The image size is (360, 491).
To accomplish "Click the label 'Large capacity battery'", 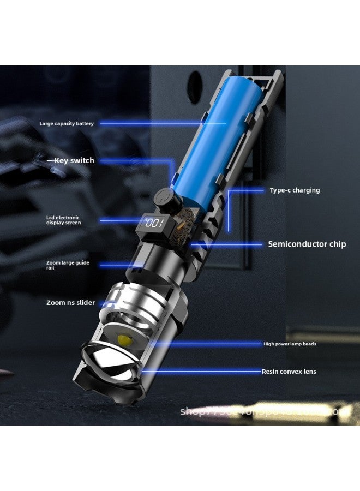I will pyautogui.click(x=67, y=124).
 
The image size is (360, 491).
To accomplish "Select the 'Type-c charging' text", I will pyautogui.click(x=295, y=190).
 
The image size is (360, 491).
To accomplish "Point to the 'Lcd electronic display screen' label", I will pyautogui.click(x=63, y=220).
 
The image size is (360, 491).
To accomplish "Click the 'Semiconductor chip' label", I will pyautogui.click(x=307, y=244).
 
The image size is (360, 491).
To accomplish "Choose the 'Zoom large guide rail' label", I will pyautogui.click(x=68, y=265).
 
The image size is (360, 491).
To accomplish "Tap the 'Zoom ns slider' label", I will pyautogui.click(x=70, y=303).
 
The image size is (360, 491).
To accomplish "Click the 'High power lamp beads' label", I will pyautogui.click(x=290, y=344).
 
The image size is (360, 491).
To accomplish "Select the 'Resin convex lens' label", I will pyautogui.click(x=289, y=372).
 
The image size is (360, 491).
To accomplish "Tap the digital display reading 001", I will pyautogui.click(x=154, y=223).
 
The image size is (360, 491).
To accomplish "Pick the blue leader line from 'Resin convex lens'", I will pyautogui.click(x=202, y=372).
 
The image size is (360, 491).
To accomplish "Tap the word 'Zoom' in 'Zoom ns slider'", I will pyautogui.click(x=56, y=303).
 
